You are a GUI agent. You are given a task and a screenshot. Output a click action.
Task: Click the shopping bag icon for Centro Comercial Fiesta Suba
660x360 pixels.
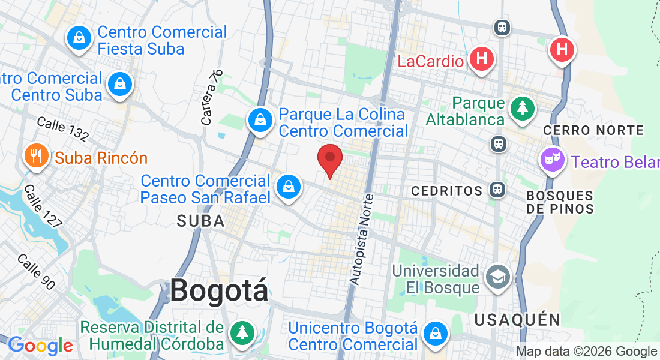79,38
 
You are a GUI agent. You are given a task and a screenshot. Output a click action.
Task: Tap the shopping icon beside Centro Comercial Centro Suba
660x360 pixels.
120,84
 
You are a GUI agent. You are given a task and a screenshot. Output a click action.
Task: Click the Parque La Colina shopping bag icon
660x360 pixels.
261,120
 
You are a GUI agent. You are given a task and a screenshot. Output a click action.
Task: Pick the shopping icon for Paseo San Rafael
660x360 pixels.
289,187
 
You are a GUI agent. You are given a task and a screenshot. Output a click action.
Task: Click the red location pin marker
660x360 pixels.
329,160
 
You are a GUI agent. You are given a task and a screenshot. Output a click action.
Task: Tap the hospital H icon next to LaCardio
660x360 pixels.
482,59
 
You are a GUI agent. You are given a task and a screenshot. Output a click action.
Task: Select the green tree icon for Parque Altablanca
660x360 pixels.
522,108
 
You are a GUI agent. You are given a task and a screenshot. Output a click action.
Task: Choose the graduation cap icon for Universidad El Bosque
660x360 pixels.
498,277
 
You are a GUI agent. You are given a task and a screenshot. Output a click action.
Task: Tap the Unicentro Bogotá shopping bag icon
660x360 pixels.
435,334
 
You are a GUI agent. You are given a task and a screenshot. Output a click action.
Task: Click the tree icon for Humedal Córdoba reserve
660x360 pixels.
242,332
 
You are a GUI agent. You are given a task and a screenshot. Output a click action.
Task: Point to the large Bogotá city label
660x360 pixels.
219,291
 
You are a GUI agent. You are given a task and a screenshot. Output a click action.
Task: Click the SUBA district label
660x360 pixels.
200,221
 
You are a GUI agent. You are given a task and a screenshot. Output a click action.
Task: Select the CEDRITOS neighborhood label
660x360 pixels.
447,191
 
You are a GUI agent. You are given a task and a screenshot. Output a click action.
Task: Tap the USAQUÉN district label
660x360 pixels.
517,319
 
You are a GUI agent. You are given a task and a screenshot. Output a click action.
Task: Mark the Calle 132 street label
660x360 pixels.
62,128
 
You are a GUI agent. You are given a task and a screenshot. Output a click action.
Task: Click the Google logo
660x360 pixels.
40,345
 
